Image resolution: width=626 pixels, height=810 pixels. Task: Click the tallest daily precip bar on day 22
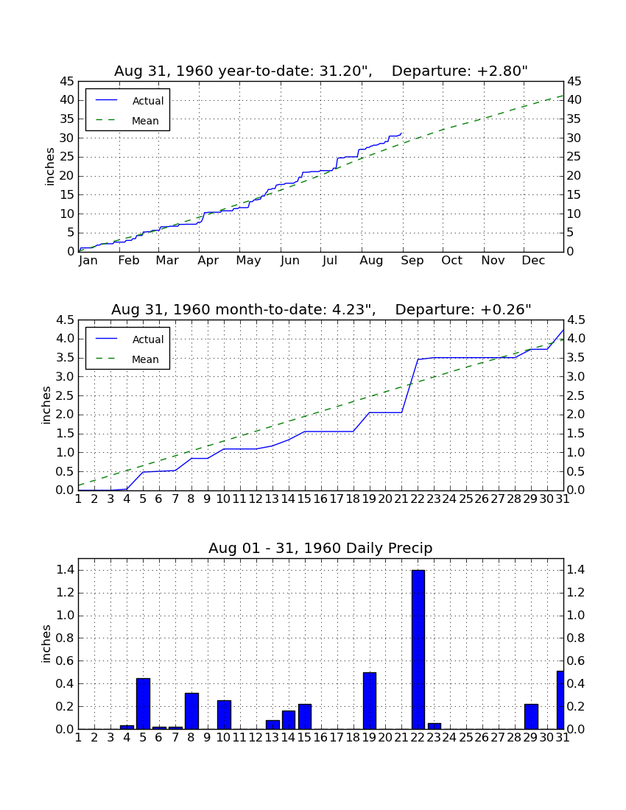[x=418, y=649]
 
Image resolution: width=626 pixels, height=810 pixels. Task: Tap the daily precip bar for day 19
[x=369, y=700]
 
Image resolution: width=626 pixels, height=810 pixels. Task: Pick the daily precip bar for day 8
[x=191, y=711]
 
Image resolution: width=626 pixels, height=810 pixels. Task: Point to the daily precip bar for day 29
[x=531, y=716]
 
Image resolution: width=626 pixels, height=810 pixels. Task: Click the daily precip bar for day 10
[x=224, y=714]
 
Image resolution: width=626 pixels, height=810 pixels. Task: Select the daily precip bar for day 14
[x=289, y=719]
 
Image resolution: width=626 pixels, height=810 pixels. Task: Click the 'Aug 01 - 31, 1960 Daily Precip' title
[x=320, y=548]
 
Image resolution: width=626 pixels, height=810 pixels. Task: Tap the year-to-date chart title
[x=321, y=71]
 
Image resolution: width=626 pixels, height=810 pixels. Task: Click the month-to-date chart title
[x=321, y=309]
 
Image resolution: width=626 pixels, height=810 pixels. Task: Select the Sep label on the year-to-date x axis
[x=412, y=261]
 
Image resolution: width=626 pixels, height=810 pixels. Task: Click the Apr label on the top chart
[x=208, y=261]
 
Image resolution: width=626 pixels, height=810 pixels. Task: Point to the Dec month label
[x=533, y=261]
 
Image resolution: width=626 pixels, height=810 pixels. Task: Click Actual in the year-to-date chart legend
[x=148, y=101]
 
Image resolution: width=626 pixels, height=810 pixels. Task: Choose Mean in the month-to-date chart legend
[x=145, y=359]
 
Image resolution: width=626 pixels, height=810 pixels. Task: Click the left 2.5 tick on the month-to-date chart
[x=66, y=395]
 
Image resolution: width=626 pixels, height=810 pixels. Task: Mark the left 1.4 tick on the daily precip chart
[x=66, y=570]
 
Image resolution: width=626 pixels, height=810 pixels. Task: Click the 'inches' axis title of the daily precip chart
[x=46, y=644]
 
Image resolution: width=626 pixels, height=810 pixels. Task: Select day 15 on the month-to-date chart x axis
[x=304, y=499]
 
